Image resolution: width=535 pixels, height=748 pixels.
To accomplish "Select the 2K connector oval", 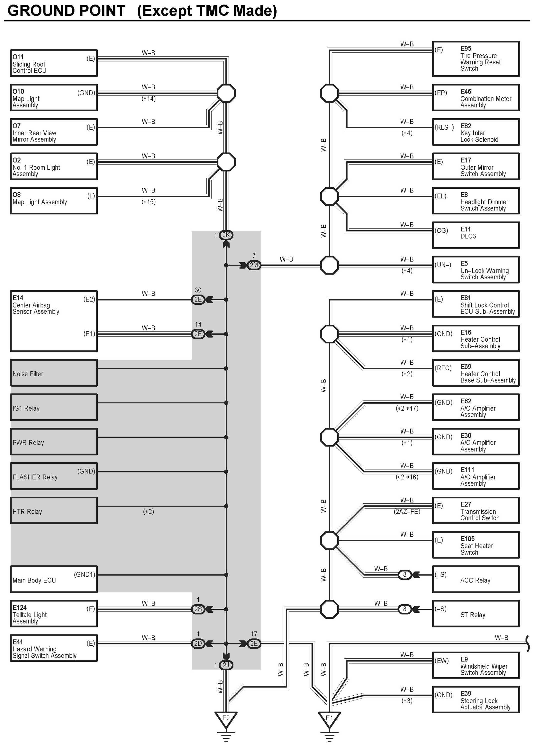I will point(226,235).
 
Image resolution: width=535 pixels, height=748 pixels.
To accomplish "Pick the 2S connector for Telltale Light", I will point(198,609).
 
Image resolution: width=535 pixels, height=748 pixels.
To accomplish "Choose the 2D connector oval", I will point(198,644).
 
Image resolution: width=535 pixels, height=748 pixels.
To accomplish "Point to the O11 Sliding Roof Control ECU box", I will point(54,63).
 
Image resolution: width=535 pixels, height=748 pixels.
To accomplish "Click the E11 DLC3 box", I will point(476,235).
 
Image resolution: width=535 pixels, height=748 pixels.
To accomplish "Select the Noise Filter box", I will point(54,373).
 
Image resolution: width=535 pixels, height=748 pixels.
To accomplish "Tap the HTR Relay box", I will point(54,510).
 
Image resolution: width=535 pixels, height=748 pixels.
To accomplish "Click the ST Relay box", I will point(476,614).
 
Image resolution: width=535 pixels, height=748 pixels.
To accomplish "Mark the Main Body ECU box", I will point(54,579).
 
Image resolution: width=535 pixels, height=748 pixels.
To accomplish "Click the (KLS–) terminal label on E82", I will point(444,127).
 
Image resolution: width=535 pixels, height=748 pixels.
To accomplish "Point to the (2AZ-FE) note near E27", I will point(407,512).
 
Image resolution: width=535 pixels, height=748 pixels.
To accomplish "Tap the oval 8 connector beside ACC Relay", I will point(405,575).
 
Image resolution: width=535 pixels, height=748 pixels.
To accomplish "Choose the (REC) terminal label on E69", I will point(443,368).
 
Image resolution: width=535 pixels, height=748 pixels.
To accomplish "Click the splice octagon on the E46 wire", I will point(329,93).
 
